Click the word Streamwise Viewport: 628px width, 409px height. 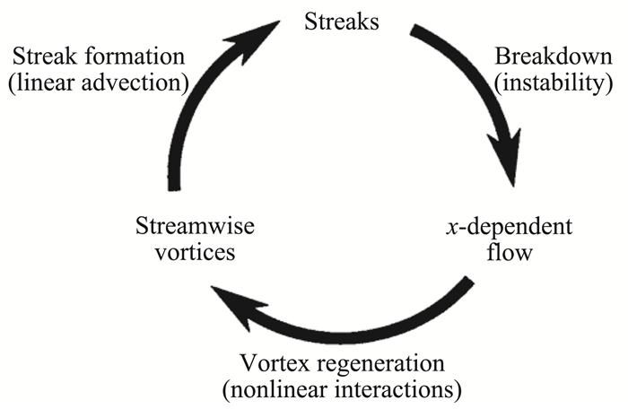(184, 226)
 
